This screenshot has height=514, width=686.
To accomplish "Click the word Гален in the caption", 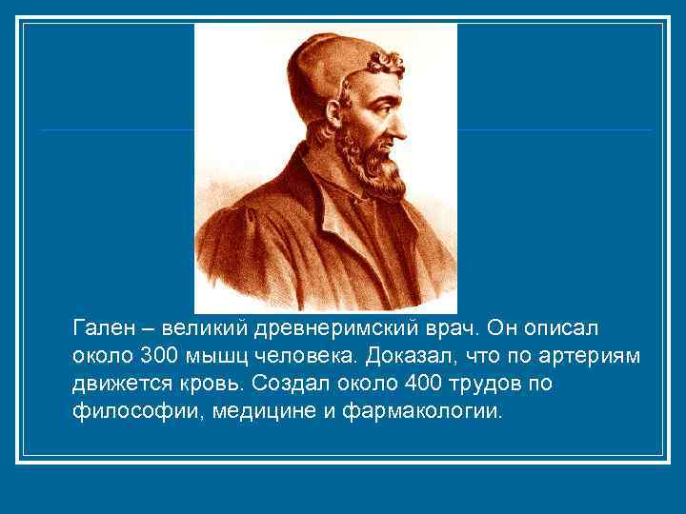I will [x=98, y=328].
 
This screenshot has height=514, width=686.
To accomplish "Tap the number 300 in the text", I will [x=156, y=356].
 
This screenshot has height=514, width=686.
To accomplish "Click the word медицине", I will [x=262, y=411].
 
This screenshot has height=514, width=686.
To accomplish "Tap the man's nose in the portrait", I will [x=401, y=114].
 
